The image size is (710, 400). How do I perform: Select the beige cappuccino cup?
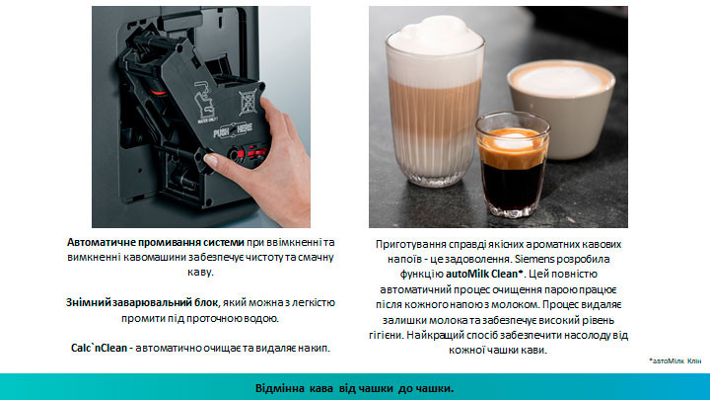(x=561, y=109)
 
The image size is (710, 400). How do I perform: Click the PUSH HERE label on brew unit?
(x=233, y=130)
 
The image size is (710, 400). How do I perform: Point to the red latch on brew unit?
(x=251, y=153)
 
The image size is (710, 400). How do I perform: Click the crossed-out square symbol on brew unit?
(x=248, y=102)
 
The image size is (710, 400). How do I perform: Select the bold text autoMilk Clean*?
(x=484, y=274)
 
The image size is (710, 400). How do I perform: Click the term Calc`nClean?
(x=100, y=348)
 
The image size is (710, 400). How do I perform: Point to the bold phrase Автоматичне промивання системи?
(x=156, y=242)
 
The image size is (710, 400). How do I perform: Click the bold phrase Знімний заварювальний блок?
(x=142, y=302)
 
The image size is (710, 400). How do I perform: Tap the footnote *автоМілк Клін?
(x=674, y=361)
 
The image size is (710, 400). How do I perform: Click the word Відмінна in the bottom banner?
(x=280, y=388)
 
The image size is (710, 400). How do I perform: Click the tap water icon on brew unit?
(x=204, y=101)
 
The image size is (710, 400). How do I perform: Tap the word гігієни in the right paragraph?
(x=386, y=335)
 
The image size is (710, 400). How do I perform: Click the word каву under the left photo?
(x=200, y=273)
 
